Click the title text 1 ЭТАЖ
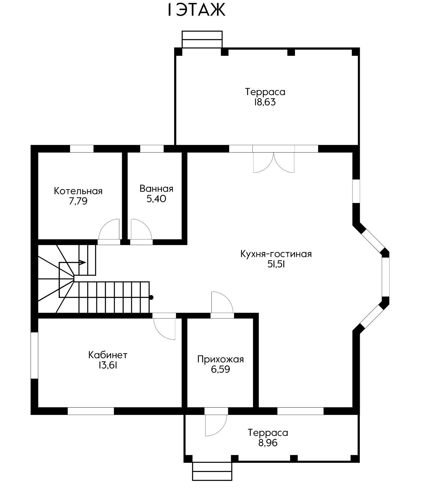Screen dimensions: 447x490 (x=196, y=10)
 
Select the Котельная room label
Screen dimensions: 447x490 (x=78, y=191)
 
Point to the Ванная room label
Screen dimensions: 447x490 (x=156, y=189)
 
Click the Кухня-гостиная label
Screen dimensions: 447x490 (x=276, y=254)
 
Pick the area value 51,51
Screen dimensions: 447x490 (x=276, y=265)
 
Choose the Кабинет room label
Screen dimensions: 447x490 (x=108, y=355)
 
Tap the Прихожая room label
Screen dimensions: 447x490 (x=220, y=359)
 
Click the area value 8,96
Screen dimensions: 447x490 (x=268, y=443)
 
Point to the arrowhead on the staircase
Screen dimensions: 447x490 (x=82, y=262)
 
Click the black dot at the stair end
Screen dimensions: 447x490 (x=151, y=297)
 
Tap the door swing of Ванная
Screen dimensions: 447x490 (x=140, y=229)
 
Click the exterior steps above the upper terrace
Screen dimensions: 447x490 (x=202, y=39)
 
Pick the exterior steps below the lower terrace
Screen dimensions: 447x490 (x=212, y=471)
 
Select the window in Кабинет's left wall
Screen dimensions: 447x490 (x=34, y=356)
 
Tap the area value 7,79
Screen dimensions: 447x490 (x=78, y=201)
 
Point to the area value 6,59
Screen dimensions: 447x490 (x=220, y=369)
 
